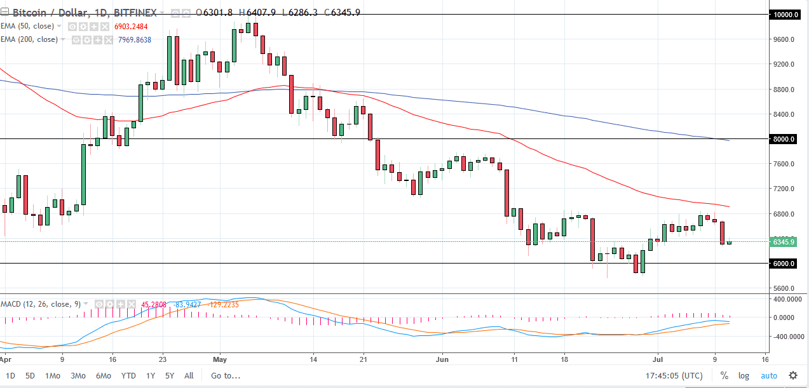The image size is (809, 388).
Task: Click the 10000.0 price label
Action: (x=785, y=14)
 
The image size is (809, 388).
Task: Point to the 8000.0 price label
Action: (x=785, y=139)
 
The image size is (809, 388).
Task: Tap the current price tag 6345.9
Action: (x=785, y=242)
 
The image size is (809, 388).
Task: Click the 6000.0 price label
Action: (x=785, y=264)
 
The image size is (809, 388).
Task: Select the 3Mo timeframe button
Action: (x=78, y=375)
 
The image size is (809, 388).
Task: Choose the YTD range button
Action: (x=129, y=375)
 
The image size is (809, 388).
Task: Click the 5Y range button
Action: (x=170, y=375)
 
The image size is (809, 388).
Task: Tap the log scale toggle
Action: (x=744, y=375)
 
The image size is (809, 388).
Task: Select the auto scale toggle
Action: (x=768, y=375)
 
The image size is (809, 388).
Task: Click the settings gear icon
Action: (x=793, y=375)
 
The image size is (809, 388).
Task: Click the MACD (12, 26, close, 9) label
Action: (x=41, y=304)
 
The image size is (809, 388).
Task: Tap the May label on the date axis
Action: (x=219, y=358)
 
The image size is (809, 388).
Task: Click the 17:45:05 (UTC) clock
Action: (x=675, y=375)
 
